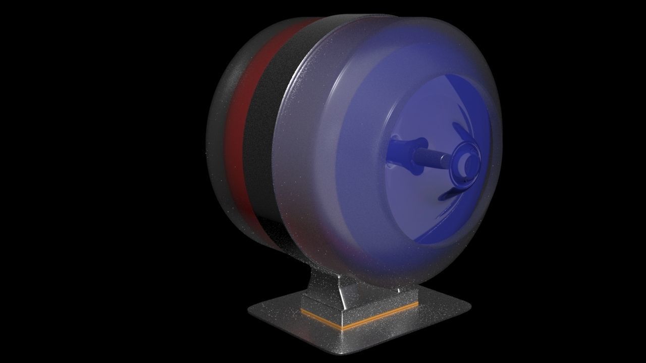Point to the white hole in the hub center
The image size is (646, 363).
click(x=465, y=162)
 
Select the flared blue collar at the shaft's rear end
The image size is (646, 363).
click(x=401, y=151)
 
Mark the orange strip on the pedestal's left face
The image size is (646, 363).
click(x=321, y=317)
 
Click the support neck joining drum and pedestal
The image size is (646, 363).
click(x=323, y=282)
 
